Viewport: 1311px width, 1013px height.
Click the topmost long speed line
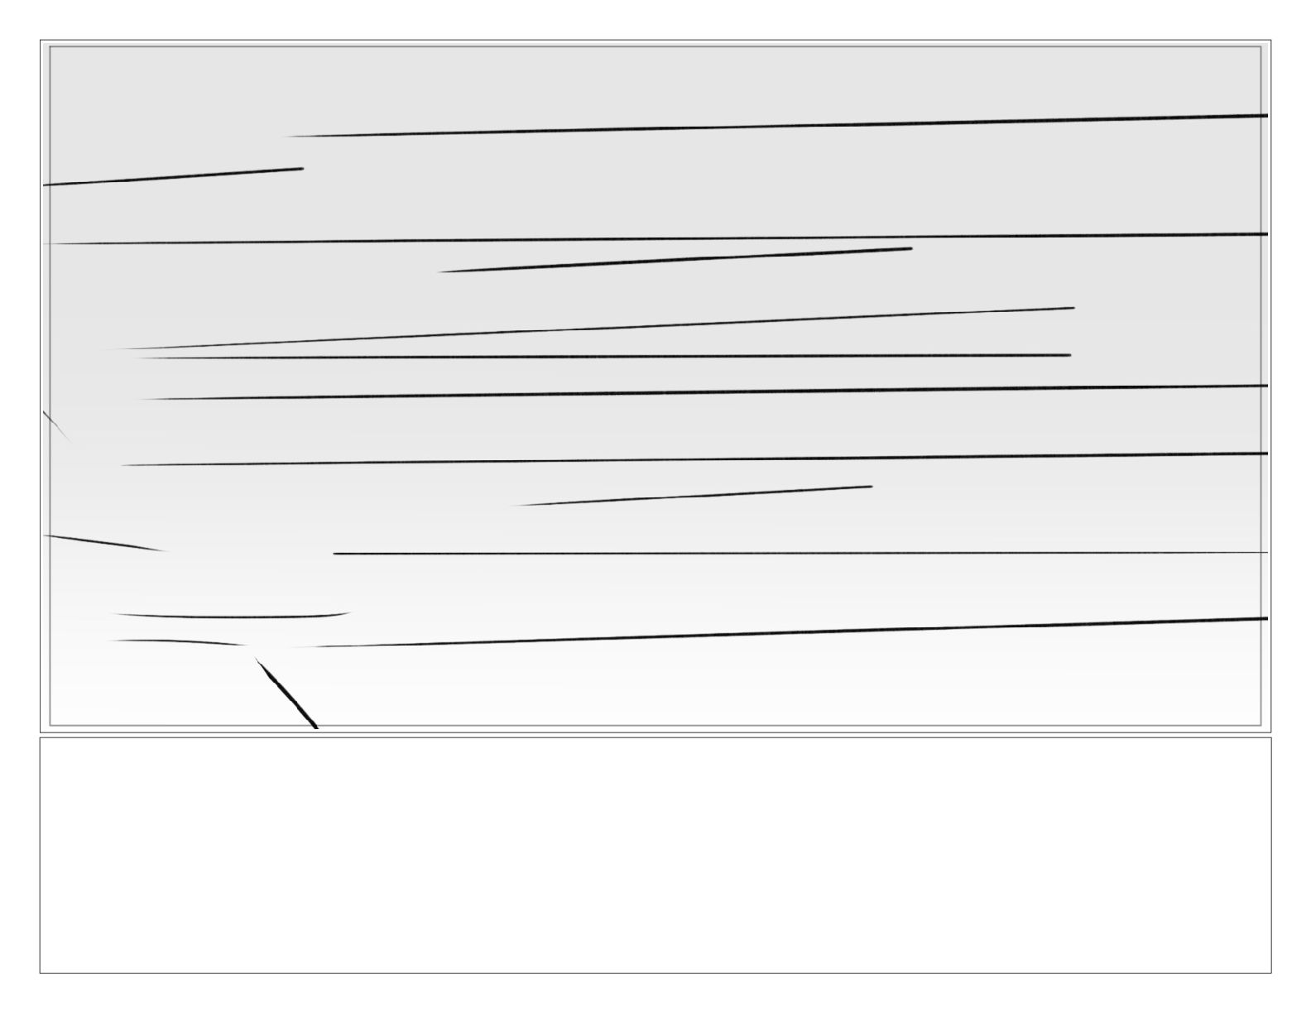778,125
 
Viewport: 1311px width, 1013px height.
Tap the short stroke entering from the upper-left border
174,176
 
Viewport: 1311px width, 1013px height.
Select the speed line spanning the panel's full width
654,239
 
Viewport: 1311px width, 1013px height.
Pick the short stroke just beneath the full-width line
675,260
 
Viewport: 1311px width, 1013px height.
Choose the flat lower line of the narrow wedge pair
604,356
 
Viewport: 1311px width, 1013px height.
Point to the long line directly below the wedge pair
704,392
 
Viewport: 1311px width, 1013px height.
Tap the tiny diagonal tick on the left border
55,423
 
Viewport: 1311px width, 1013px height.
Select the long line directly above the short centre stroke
695,459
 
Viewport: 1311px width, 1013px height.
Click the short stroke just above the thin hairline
691,496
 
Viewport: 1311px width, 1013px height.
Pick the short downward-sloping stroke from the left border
103,543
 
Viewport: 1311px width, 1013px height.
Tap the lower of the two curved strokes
178,641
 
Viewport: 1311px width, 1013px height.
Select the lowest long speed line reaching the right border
786,632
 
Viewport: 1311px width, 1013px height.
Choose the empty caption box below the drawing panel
655,855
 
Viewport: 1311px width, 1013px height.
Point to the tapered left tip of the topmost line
290,137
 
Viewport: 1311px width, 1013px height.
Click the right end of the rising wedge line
1072,308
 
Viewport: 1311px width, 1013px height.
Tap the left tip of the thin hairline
335,554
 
